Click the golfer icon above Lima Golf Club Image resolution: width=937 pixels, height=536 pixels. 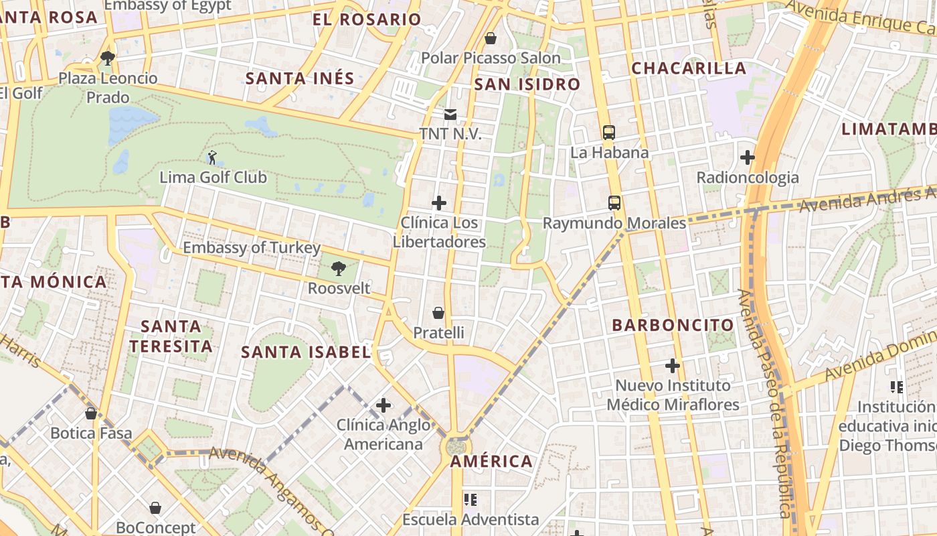click(x=212, y=158)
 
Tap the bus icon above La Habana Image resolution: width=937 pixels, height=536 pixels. click(x=608, y=133)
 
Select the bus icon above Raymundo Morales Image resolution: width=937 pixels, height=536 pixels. click(x=614, y=203)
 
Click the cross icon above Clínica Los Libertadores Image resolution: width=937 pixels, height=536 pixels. click(x=439, y=203)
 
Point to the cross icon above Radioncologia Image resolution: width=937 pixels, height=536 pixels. click(x=748, y=158)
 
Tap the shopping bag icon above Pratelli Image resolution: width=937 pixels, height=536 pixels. click(x=438, y=313)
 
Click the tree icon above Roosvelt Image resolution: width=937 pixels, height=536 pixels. click(x=339, y=269)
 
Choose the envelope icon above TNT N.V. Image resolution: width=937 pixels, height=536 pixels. click(x=450, y=115)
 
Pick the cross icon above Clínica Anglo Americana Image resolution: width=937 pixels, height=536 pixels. click(x=384, y=405)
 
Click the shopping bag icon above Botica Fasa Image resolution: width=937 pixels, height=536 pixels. click(x=91, y=413)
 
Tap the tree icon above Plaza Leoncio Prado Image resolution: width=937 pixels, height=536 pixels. click(x=107, y=58)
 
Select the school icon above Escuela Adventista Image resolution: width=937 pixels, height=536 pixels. click(x=470, y=500)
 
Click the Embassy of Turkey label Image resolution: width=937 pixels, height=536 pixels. click(x=252, y=248)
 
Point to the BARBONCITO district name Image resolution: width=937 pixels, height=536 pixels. click(x=673, y=326)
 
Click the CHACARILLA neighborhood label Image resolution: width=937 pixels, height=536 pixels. click(x=689, y=68)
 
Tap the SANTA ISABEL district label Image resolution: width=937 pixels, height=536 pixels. click(x=306, y=352)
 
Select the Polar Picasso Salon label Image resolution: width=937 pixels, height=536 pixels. click(x=491, y=58)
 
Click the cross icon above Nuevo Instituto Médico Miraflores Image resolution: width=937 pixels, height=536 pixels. click(x=673, y=366)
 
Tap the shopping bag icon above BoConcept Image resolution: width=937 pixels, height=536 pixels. click(x=155, y=509)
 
